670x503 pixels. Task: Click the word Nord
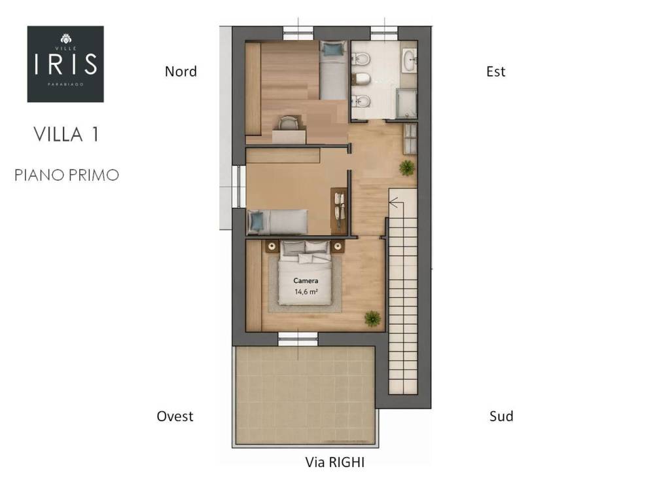pos(181,71)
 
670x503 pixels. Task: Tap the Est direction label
pos(496,71)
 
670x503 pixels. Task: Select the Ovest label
pos(175,416)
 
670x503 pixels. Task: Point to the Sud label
pos(501,416)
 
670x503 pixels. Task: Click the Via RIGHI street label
pos(335,462)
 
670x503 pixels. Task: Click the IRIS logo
pos(65,64)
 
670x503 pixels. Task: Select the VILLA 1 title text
pos(66,134)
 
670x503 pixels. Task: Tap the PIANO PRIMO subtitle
pos(67,175)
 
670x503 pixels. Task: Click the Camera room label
pos(306,280)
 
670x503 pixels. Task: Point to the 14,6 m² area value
pos(306,292)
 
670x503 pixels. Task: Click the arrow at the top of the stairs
pos(394,202)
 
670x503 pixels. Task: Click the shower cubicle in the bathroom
pos(406,103)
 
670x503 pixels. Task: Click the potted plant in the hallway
pos(406,168)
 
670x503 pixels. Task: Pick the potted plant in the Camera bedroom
pos(372,318)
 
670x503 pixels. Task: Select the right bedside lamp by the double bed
pos(338,246)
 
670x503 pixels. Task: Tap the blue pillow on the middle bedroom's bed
pos(257,221)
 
